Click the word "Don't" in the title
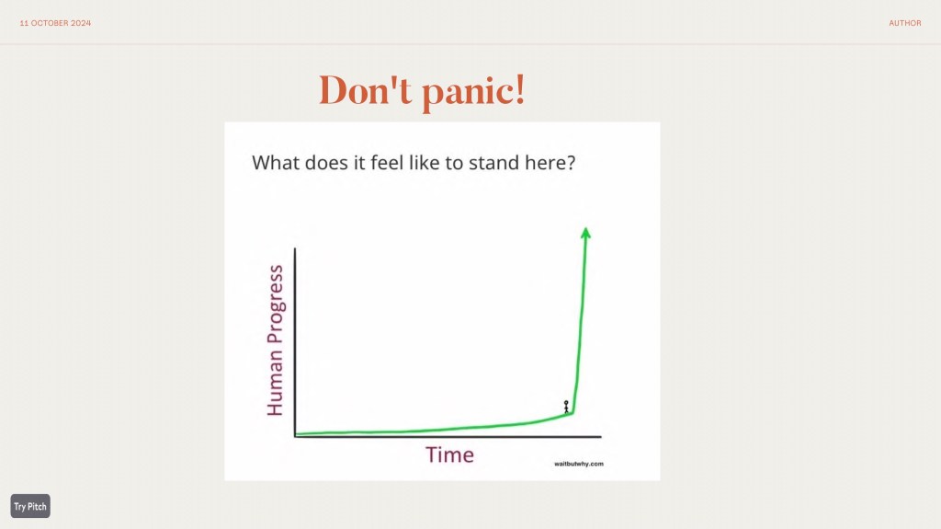pos(365,90)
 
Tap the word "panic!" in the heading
pos(473,92)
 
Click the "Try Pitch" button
pos(30,506)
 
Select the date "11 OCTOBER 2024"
pos(55,23)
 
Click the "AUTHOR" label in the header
pos(905,23)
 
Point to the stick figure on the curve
pos(566,407)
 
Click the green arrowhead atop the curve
pos(585,233)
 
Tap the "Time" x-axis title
pos(449,454)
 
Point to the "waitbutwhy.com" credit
pos(579,464)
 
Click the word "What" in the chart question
pos(276,162)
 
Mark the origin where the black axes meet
pos(295,436)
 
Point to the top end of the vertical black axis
pos(295,248)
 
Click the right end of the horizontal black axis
pos(601,437)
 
